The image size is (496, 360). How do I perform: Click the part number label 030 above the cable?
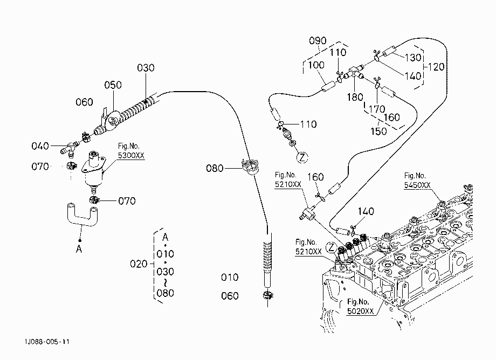tap(146, 68)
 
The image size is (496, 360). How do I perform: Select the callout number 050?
tap(113, 85)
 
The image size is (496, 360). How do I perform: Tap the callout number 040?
tap(40, 146)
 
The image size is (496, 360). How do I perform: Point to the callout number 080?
tap(215, 168)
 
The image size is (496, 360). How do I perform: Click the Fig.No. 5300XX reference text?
tap(131, 150)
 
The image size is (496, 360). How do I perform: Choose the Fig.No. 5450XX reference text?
tap(417, 180)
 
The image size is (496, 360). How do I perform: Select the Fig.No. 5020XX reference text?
tap(360, 306)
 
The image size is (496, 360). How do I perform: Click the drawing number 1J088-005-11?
tap(47, 342)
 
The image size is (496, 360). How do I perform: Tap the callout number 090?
tap(318, 41)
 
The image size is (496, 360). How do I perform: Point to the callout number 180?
tap(355, 97)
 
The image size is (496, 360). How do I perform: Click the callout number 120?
tap(436, 67)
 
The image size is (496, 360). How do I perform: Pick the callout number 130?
tap(413, 58)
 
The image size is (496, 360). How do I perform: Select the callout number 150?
tap(378, 131)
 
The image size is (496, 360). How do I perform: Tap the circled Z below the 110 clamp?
tap(302, 157)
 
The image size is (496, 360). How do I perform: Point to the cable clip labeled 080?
tap(250, 167)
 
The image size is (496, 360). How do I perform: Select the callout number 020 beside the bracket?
tap(139, 264)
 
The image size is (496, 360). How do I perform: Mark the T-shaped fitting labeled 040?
tap(70, 148)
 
